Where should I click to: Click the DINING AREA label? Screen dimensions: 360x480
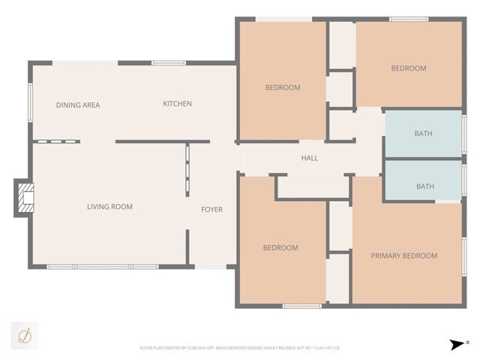[x=78, y=105]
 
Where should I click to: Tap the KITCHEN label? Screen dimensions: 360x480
[x=177, y=103]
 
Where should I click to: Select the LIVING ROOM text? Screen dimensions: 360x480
[x=109, y=207]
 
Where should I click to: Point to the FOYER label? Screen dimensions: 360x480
[x=211, y=209]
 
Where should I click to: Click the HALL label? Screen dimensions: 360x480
[x=309, y=158]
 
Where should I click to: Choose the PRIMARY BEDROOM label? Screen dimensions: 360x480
[x=404, y=256]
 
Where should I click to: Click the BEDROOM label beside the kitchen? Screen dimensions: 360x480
[x=283, y=88]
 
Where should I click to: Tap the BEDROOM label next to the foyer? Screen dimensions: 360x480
[x=280, y=247]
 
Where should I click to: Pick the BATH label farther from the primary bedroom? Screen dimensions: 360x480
[x=423, y=134]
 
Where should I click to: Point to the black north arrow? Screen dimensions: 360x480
[x=457, y=344]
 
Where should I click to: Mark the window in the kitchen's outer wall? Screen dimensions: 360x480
[x=169, y=63]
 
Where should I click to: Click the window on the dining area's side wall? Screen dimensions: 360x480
[x=31, y=101]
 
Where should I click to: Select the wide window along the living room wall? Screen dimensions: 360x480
[x=101, y=266]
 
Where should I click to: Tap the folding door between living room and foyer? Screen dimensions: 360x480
[x=187, y=170]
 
